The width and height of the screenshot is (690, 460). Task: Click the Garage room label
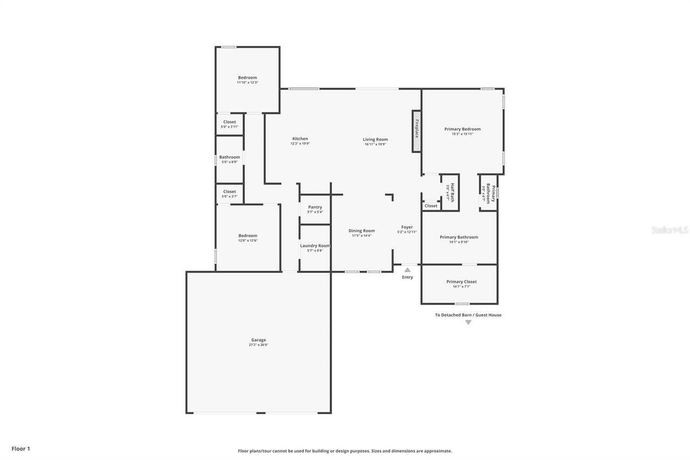point(258,340)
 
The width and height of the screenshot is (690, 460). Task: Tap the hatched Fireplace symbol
point(417,131)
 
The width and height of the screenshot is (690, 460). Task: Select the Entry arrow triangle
point(408,270)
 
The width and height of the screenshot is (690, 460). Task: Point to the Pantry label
point(315,207)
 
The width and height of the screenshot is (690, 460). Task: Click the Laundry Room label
point(315,246)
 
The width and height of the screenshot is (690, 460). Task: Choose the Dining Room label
point(361,231)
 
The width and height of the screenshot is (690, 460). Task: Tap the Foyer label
point(407,227)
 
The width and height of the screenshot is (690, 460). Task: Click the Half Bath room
point(450,192)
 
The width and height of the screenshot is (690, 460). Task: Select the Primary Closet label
point(461,282)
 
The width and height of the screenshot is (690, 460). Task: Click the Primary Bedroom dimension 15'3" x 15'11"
point(463,134)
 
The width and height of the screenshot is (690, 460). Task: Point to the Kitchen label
point(300,139)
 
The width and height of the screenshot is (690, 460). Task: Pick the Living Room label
point(375,140)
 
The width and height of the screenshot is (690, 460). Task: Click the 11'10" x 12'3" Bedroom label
point(247,78)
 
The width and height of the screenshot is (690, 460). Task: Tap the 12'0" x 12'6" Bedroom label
point(248,236)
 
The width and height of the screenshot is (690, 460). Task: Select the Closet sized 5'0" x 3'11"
point(230,124)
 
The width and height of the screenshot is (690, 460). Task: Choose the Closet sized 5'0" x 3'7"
point(230,194)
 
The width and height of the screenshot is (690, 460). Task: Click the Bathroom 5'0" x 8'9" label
point(230,157)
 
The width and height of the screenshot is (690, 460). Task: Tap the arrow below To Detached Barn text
point(468,322)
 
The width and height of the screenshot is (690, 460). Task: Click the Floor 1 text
point(21,449)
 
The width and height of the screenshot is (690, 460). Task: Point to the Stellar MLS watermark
point(670,230)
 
